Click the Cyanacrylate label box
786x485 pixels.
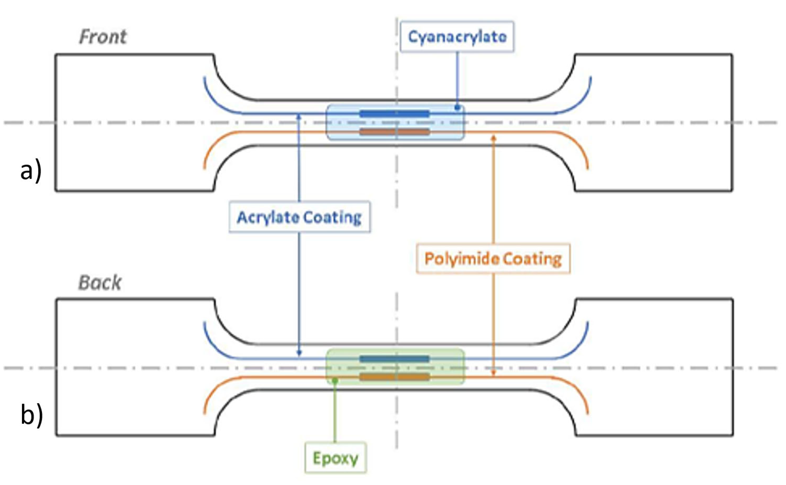click(x=457, y=37)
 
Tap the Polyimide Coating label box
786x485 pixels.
click(x=493, y=259)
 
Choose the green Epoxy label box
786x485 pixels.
click(x=335, y=458)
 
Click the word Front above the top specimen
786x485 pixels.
click(x=103, y=37)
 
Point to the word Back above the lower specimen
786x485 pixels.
click(x=100, y=283)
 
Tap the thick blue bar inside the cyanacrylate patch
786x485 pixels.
click(x=394, y=114)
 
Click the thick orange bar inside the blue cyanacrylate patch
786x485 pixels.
click(x=394, y=132)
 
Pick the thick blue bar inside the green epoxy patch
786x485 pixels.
click(x=394, y=359)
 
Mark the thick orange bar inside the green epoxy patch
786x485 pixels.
click(x=394, y=377)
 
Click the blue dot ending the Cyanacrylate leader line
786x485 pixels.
click(x=457, y=108)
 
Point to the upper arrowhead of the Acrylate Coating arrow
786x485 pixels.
click(x=299, y=117)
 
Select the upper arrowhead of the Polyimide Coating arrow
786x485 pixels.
click(x=494, y=137)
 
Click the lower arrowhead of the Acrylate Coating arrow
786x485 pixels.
click(x=299, y=353)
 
